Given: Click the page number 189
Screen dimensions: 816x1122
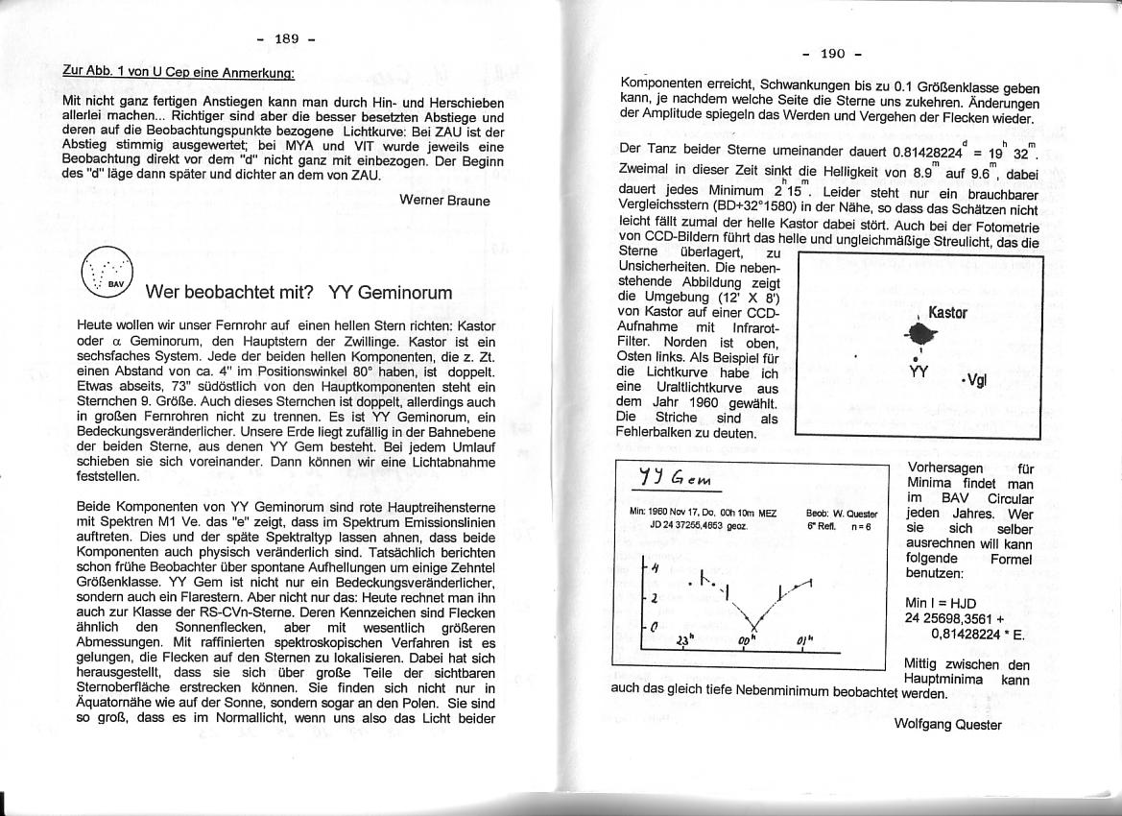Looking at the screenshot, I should pyautogui.click(x=286, y=39).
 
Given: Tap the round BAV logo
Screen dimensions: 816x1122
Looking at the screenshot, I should pyautogui.click(x=107, y=272).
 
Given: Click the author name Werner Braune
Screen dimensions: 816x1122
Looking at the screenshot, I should pyautogui.click(x=444, y=201).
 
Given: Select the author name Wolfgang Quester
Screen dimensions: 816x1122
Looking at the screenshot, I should pyautogui.click(x=947, y=725).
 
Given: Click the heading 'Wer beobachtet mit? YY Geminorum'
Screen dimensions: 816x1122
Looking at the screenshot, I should pyautogui.click(x=298, y=292).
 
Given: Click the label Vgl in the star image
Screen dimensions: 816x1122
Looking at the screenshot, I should pyautogui.click(x=975, y=380).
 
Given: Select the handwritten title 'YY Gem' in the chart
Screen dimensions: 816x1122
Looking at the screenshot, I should pyautogui.click(x=676, y=478).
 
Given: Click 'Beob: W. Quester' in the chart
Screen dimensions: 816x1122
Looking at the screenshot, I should pyautogui.click(x=842, y=514).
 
